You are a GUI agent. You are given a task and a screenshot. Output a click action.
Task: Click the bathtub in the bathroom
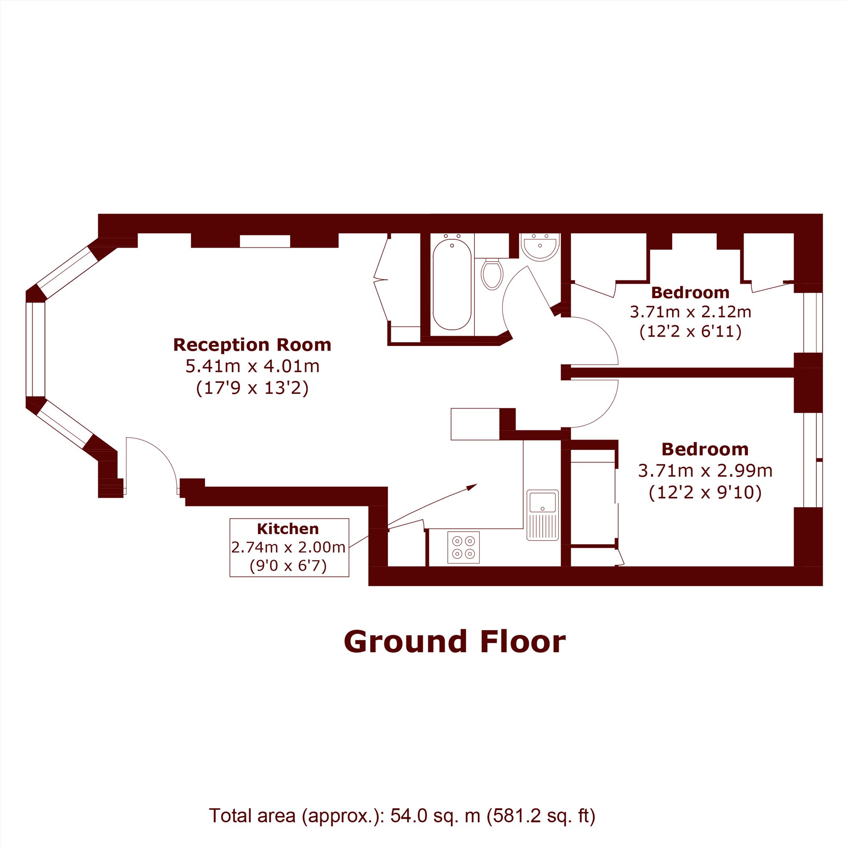pyautogui.click(x=452, y=284)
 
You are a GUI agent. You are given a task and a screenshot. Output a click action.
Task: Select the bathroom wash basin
pyautogui.click(x=540, y=247)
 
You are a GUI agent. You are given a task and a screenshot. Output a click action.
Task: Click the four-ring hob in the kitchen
pyautogui.click(x=463, y=547)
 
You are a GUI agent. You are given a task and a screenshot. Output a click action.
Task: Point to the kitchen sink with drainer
pyautogui.click(x=543, y=515)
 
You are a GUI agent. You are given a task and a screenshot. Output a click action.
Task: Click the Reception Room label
pyautogui.click(x=252, y=345)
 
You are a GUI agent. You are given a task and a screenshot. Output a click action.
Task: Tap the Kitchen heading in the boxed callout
pyautogui.click(x=288, y=529)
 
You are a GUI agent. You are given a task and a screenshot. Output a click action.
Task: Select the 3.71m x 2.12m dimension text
pyautogui.click(x=690, y=312)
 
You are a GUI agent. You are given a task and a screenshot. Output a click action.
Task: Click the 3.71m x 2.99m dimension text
pyautogui.click(x=705, y=471)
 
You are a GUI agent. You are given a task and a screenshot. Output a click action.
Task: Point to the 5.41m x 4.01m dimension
pyautogui.click(x=252, y=366)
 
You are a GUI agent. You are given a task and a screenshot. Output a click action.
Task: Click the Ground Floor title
pyautogui.click(x=455, y=642)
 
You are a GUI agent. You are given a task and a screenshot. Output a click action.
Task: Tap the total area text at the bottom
pyautogui.click(x=402, y=815)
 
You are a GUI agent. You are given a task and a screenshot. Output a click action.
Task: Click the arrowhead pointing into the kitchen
pyautogui.click(x=472, y=487)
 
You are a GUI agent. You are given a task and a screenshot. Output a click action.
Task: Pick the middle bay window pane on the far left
pyautogui.click(x=36, y=349)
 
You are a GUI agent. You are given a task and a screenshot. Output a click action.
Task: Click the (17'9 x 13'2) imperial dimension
pyautogui.click(x=252, y=388)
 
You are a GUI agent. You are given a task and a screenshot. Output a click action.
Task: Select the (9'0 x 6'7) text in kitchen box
pyautogui.click(x=288, y=566)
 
